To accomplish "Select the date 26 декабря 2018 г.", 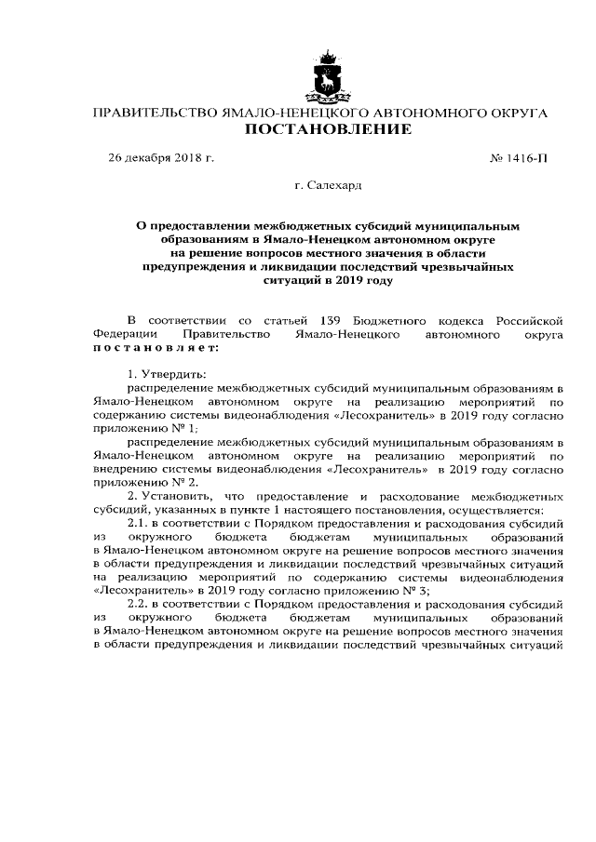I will pyautogui.click(x=161, y=158).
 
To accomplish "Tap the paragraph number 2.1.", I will pyautogui.click(x=138, y=526).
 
